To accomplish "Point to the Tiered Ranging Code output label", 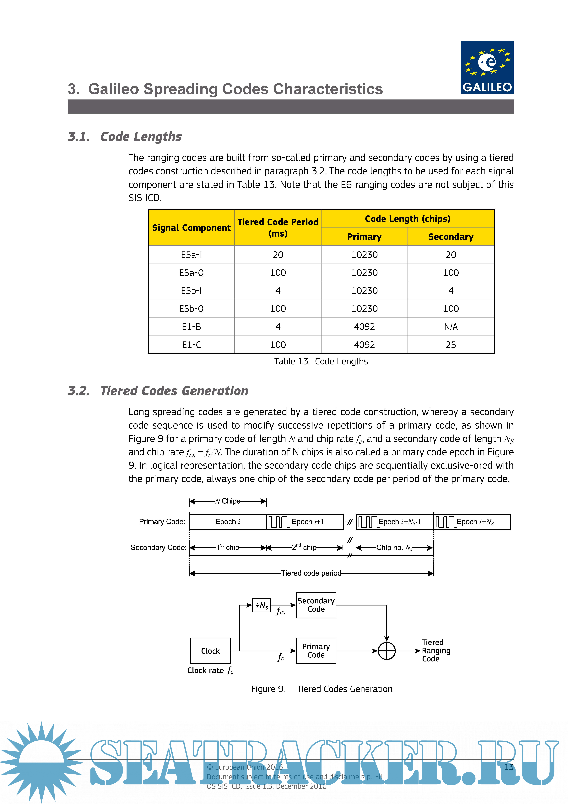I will coord(436,650).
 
